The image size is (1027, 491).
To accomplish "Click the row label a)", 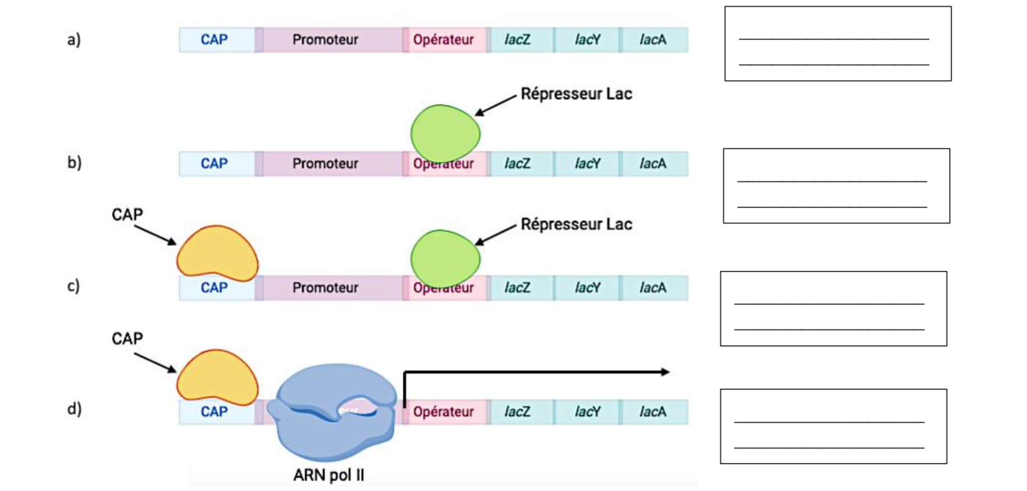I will coord(74,40).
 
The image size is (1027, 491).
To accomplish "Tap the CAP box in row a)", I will coord(214,40).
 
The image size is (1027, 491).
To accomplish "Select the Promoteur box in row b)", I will coord(325,164).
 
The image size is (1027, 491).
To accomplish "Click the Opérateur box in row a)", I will coord(443,40).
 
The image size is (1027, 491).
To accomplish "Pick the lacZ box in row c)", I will coord(518,288).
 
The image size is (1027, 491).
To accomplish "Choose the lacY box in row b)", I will coord(588,164).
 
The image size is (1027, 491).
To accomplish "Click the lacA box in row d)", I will coord(653,412).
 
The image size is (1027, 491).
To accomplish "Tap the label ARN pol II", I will coord(328,475).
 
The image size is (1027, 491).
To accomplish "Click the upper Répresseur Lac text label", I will coord(576,94).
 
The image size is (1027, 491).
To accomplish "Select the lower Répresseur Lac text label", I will coord(576,225).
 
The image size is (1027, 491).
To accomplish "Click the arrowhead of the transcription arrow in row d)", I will coord(665,372).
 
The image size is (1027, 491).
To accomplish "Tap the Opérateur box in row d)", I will coord(443,412).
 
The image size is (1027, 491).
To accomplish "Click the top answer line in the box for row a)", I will coord(834,39).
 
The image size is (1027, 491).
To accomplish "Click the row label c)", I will coord(74,286).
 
